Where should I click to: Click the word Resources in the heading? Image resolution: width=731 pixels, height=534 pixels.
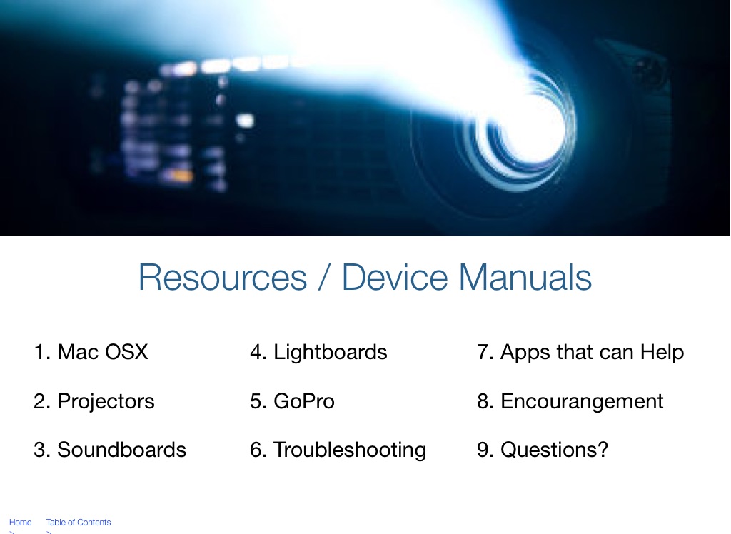[223, 277]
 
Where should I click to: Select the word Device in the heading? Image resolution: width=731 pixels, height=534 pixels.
[395, 277]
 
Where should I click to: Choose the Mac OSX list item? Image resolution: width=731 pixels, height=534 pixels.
[91, 352]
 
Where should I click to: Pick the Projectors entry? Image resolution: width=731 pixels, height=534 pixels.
[94, 401]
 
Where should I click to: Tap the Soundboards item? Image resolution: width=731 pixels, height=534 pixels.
[110, 450]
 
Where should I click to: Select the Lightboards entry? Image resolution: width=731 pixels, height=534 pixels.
[318, 352]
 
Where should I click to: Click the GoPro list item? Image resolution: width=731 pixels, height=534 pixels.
[292, 401]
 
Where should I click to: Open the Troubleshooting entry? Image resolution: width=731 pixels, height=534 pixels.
[338, 450]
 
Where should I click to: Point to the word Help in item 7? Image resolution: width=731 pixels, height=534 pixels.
[662, 353]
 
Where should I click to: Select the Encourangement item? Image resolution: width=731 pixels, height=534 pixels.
[570, 401]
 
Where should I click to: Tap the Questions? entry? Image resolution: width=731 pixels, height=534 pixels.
[543, 450]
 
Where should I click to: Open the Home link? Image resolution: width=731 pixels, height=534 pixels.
[21, 523]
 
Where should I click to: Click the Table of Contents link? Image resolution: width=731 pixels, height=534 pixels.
[79, 523]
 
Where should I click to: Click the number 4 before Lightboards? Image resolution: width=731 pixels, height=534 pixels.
[256, 352]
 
